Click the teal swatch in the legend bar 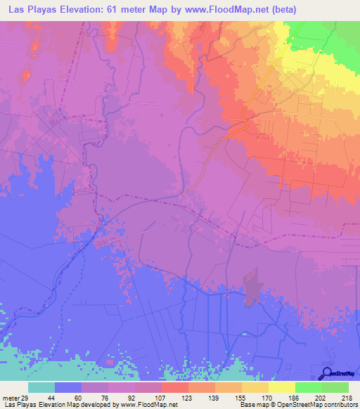coord(41,387)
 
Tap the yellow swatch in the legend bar coord(281,387)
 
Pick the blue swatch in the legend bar coord(67,387)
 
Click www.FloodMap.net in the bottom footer coord(150,405)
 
